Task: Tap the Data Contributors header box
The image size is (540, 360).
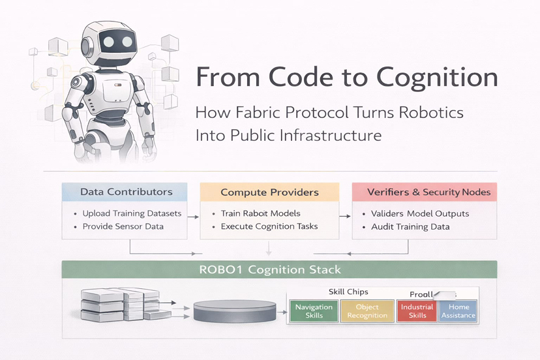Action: [126, 192]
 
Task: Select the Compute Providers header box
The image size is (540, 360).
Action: [269, 192]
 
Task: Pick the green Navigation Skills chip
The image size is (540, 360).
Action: [314, 311]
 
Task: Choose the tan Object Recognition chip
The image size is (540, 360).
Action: [367, 311]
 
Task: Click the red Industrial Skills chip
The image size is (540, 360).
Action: [417, 311]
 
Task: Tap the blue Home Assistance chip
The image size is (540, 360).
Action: [458, 311]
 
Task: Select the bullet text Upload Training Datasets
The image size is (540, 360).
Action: [132, 213]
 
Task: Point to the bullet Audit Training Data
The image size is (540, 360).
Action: [410, 226]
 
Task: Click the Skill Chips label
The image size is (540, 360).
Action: [348, 292]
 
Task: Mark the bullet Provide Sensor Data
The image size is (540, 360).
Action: [123, 226]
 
